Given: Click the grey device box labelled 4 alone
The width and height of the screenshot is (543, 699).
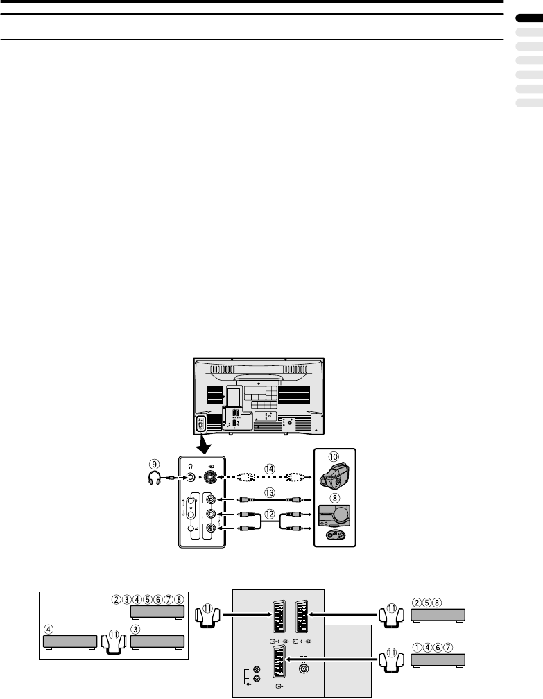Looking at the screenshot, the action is tap(69, 641).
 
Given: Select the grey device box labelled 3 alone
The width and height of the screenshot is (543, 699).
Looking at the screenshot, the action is tap(157, 641).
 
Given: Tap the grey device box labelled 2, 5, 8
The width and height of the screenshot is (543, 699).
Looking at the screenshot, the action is tap(438, 615).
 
